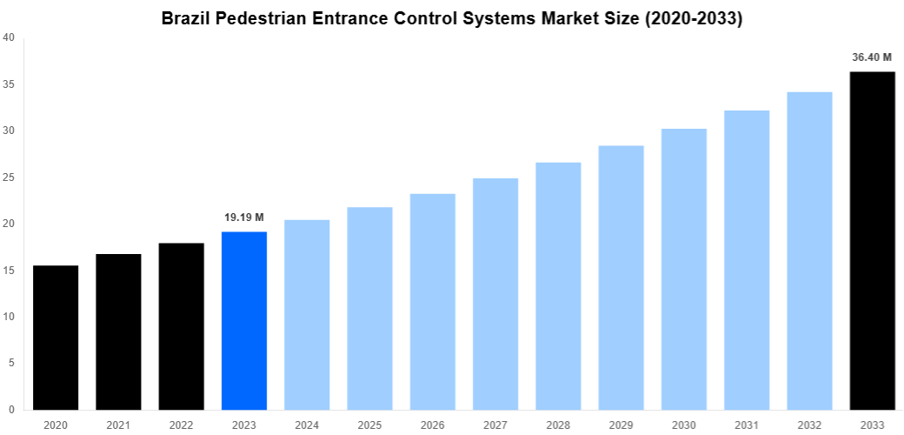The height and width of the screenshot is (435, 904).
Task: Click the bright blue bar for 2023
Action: pyautogui.click(x=244, y=320)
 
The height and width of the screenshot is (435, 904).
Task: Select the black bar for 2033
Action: pyautogui.click(x=872, y=240)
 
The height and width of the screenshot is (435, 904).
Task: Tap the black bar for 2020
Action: pyautogui.click(x=56, y=338)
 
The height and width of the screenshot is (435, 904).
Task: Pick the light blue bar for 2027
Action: pyautogui.click(x=495, y=294)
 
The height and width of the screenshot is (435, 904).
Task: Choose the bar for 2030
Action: pyautogui.click(x=683, y=269)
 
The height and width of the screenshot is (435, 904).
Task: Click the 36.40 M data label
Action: pyautogui.click(x=872, y=57)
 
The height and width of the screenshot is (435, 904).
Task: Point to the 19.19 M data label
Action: pyautogui.click(x=244, y=217)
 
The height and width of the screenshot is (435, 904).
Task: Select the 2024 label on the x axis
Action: pyautogui.click(x=307, y=425)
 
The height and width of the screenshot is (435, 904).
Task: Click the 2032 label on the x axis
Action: pyautogui.click(x=809, y=425)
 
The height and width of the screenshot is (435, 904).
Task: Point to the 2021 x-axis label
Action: pyautogui.click(x=118, y=425)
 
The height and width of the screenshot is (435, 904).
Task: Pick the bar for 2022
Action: pyautogui.click(x=181, y=326)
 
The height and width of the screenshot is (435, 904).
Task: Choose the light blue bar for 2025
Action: pyautogui.click(x=369, y=308)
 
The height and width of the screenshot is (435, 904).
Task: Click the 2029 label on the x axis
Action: pyautogui.click(x=621, y=425)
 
